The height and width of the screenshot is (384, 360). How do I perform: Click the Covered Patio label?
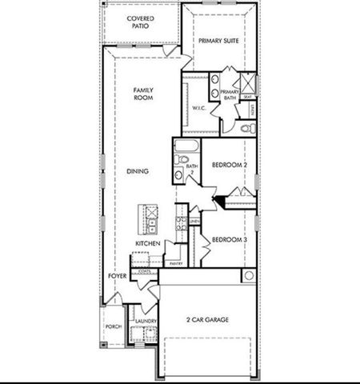click(141, 21)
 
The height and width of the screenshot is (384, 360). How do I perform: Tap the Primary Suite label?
click(220, 40)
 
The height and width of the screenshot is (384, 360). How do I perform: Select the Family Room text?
click(143, 94)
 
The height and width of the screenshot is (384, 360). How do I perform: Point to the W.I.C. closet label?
click(198, 108)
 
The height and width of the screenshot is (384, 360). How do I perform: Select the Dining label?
click(138, 171)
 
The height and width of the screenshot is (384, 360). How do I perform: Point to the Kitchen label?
click(148, 243)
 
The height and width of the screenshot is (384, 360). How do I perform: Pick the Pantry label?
click(177, 262)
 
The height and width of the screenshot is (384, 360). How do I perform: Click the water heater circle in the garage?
click(248, 276)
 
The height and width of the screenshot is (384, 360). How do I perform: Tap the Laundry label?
click(144, 321)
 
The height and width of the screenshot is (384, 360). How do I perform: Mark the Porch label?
click(114, 327)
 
